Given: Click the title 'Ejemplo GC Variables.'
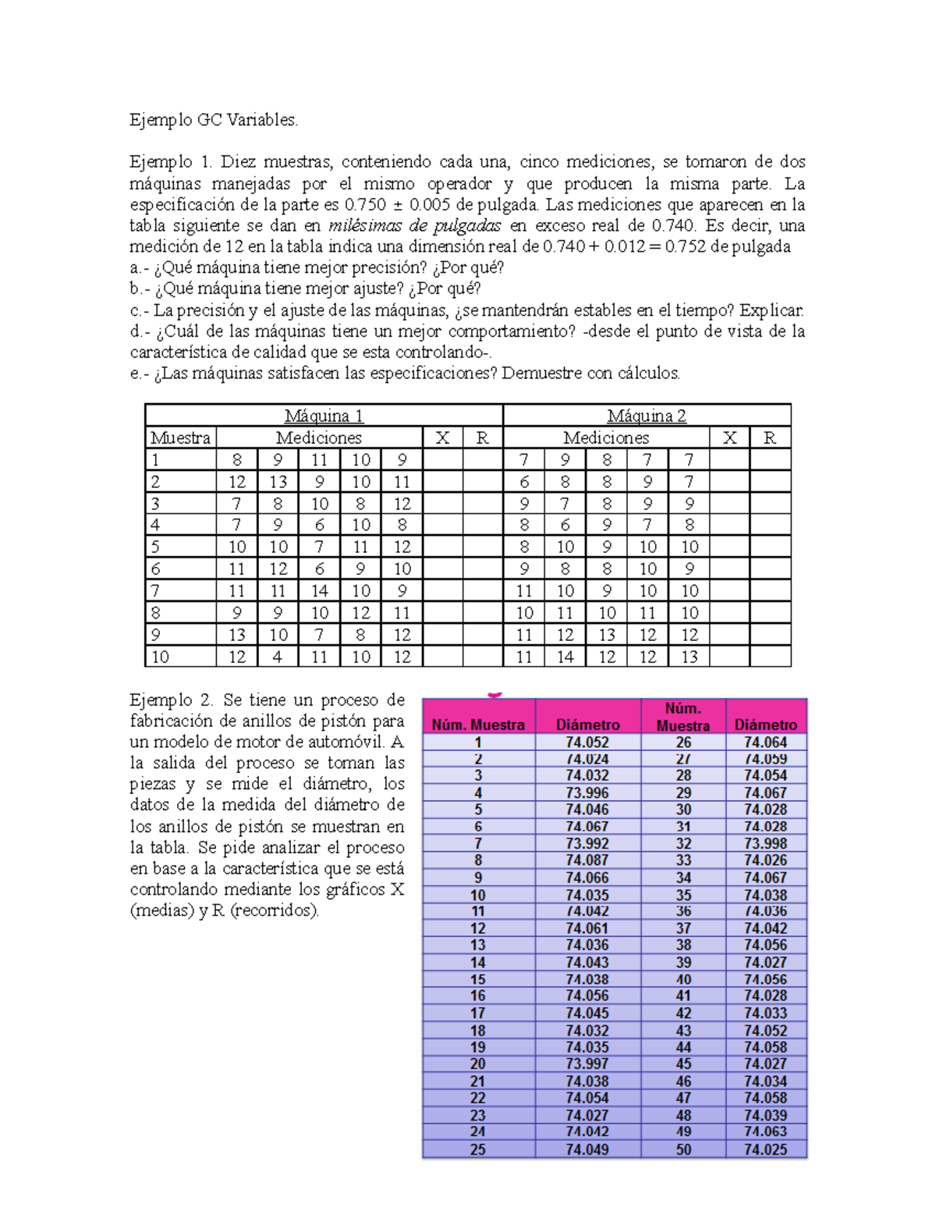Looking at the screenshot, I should click(x=214, y=120).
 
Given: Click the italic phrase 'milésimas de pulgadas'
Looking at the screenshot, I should click(x=415, y=226).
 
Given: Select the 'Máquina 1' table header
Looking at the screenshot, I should click(x=324, y=416).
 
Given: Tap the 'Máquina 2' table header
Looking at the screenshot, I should click(x=647, y=416).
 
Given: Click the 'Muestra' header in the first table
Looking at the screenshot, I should click(x=180, y=438).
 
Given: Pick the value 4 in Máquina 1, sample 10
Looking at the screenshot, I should click(x=278, y=657).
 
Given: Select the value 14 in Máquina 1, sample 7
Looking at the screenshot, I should click(x=319, y=591).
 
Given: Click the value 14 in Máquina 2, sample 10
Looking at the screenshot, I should click(x=565, y=657).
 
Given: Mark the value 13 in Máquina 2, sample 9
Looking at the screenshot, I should click(x=607, y=636).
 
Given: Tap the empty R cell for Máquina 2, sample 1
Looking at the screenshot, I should click(x=770, y=460).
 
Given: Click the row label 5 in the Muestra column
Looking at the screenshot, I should click(x=155, y=547).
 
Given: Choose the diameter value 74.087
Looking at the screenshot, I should click(x=587, y=860).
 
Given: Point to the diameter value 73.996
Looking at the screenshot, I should click(x=587, y=793).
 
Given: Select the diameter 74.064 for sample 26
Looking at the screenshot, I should click(x=765, y=742).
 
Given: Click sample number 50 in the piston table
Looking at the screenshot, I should click(x=683, y=1149).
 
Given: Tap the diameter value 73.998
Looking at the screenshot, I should click(x=765, y=844).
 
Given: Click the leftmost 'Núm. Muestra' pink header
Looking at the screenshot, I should click(x=478, y=724).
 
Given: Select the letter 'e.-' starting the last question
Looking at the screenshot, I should click(x=140, y=374).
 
